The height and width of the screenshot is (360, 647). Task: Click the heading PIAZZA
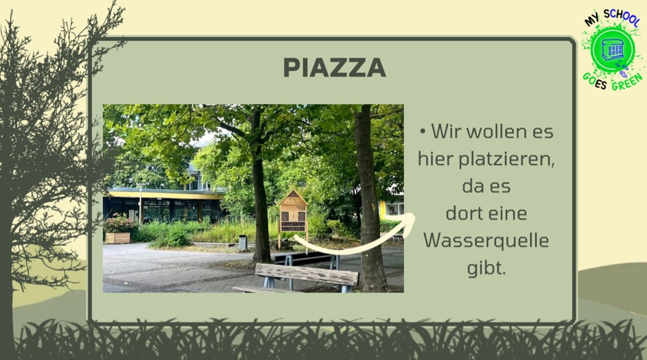coord(334,68)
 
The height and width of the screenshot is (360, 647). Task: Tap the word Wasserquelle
coord(486,241)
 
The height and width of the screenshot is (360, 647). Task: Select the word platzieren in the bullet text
coord(507,159)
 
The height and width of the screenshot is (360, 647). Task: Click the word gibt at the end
coord(486,268)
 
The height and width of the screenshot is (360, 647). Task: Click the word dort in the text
coord(464,214)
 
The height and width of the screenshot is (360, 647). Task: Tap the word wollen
coord(494,132)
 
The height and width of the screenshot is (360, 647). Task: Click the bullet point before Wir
coord(423,132)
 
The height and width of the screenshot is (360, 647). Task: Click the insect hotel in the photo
coord(293,212)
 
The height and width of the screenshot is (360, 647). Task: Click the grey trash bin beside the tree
coord(243,243)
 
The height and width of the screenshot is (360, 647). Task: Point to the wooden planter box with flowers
coord(117,238)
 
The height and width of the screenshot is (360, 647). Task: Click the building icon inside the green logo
coord(613,50)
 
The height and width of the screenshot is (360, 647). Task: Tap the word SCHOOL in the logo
coord(622,17)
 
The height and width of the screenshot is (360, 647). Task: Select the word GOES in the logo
coord(595,81)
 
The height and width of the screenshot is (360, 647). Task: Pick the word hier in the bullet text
coord(436,159)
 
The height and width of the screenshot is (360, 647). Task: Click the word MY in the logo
coord(591,20)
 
